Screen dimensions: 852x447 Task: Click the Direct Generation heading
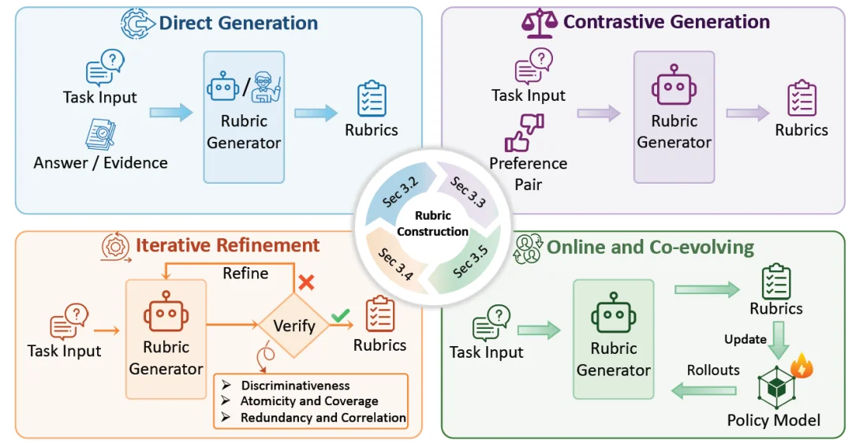[x=238, y=23]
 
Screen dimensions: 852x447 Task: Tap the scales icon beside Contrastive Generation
[x=539, y=23]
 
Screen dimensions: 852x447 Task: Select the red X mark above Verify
[x=306, y=282]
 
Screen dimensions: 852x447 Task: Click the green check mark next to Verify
[x=341, y=315]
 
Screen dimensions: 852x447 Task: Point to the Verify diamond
[x=293, y=326]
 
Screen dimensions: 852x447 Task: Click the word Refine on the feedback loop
[x=245, y=274]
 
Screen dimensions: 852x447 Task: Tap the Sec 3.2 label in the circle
[x=400, y=192]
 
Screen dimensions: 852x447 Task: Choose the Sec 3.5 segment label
[x=470, y=262]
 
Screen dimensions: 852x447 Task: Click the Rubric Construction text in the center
[x=432, y=223]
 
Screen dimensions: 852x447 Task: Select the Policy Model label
[x=774, y=420]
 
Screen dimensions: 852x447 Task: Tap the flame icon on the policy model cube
[x=802, y=365]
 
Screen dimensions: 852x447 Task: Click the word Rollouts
[x=713, y=371]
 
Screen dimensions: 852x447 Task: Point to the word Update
[x=745, y=340]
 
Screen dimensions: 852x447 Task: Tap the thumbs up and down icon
[x=525, y=132]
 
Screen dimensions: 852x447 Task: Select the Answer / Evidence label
[x=100, y=163]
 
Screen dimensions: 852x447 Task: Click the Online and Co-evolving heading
[x=650, y=247]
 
